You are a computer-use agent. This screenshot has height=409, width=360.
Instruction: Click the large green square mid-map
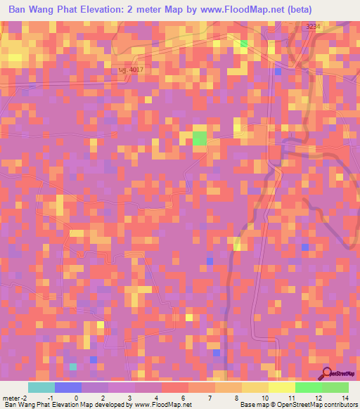coord(200,138)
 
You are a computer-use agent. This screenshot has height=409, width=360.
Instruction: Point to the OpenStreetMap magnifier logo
coord(328,373)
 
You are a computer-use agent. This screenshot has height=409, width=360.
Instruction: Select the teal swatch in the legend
coord(41,387)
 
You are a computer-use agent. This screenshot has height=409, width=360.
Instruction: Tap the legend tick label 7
coord(209,398)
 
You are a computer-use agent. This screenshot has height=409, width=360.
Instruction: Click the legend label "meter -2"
coord(15,398)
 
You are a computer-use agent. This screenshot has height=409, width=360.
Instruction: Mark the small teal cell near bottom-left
coord(72,366)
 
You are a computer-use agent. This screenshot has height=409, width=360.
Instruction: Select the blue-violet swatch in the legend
coord(67,387)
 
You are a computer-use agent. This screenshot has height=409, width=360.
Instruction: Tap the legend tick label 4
coord(155,398)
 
